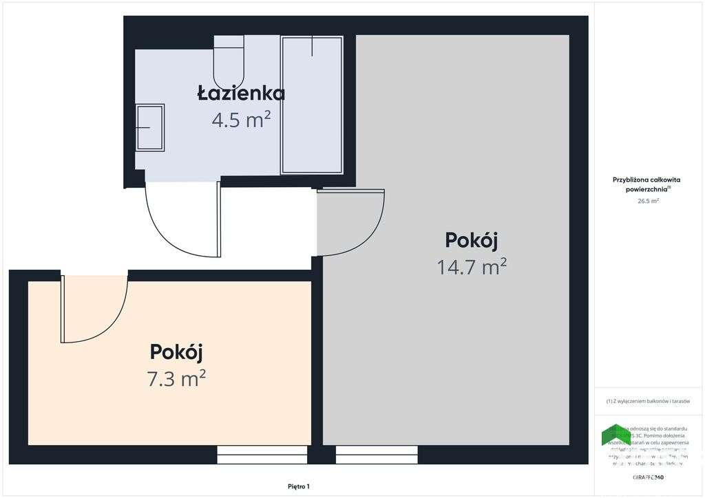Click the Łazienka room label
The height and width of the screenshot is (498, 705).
241,93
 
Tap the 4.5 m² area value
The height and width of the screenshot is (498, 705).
241,120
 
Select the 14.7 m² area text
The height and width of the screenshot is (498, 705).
472,266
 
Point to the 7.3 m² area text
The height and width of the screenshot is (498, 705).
176,378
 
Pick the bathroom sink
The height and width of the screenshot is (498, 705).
150,127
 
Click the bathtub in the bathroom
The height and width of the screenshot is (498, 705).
312,105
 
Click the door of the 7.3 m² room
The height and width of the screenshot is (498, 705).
93,310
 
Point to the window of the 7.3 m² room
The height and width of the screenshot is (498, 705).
262,455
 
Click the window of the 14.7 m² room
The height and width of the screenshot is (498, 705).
377,455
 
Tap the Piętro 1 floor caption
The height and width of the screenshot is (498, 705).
299,486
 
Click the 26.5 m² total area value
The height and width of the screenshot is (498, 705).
649,202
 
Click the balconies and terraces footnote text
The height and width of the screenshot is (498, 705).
648,401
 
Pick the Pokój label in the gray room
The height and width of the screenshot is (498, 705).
472,240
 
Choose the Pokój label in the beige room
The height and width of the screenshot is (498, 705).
176,351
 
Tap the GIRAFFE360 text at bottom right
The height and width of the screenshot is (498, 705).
648,477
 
